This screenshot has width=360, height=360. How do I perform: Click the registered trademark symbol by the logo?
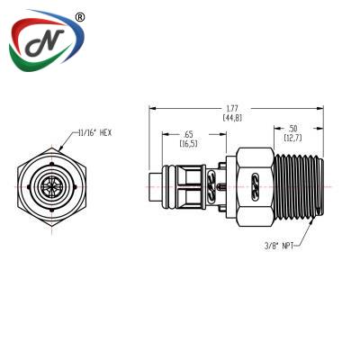point(79,18)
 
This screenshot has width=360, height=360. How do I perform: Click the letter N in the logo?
point(46,42)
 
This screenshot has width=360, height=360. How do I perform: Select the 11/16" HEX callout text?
point(94,133)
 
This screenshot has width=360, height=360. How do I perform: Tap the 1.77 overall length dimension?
point(232,108)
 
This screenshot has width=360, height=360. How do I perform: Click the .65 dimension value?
point(189,134)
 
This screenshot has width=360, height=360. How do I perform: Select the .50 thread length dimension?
point(292,129)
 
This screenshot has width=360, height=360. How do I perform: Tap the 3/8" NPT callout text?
point(278,246)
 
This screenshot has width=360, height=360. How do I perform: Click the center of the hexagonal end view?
point(51,186)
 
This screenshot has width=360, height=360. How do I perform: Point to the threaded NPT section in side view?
point(299,186)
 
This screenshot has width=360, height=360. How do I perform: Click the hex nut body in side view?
point(256,186)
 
